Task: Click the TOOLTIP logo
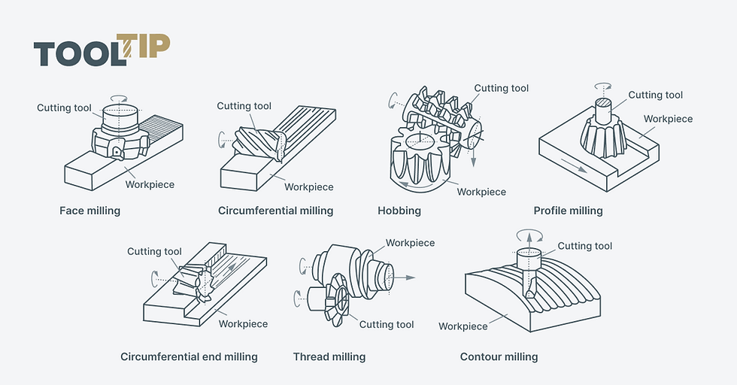102,50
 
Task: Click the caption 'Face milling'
89,211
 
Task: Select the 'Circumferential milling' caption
275,211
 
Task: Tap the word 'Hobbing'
399,211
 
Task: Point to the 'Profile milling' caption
568,211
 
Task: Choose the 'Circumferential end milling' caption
189,356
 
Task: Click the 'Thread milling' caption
329,356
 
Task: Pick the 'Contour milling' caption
499,356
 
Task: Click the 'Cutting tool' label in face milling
64,108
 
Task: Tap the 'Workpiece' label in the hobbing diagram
481,192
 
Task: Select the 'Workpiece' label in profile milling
668,119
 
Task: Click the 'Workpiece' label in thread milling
410,243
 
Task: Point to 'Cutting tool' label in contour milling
585,246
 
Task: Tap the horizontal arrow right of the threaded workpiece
404,277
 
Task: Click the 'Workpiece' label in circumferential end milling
243,324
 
